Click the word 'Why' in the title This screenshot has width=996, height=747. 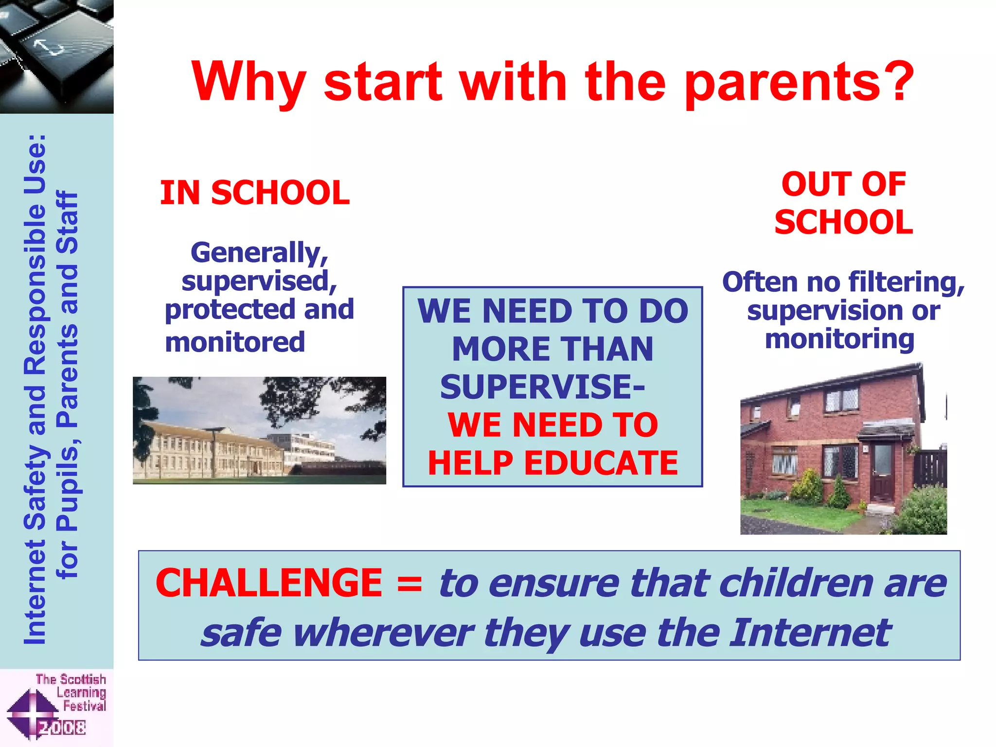248,83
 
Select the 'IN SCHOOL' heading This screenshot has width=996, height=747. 255,193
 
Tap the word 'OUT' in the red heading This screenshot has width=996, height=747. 813,184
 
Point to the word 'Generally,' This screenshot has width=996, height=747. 259,253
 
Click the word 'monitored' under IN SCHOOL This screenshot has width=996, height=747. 235,342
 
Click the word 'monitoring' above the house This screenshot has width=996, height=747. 839,339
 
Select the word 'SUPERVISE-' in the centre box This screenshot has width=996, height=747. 542,387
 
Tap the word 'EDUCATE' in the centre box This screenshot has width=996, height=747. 601,463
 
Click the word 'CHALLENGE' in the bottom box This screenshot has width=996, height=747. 269,583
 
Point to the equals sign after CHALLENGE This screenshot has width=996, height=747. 409,584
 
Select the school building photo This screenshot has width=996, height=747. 259,430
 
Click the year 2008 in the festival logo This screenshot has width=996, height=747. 62,728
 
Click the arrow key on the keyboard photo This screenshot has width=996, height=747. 49,48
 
